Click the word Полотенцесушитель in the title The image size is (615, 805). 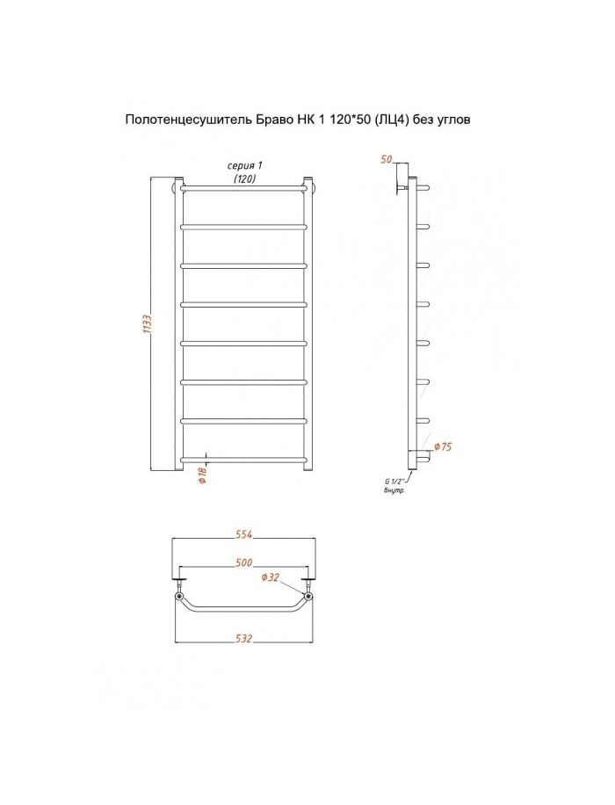click(187, 120)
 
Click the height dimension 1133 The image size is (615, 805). click(148, 324)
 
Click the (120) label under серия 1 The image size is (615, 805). click(244, 178)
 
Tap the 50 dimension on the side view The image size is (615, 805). click(387, 160)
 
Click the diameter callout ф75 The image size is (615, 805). click(443, 446)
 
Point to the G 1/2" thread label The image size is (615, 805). click(394, 481)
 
